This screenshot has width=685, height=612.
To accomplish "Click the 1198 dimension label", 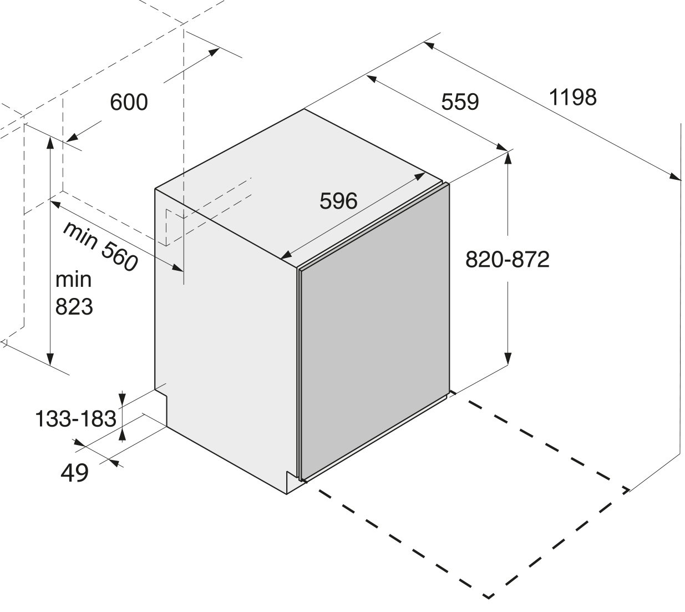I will pyautogui.click(x=573, y=97).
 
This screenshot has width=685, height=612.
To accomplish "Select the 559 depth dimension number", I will pyautogui.click(x=460, y=102).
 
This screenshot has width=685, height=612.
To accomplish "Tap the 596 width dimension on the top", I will pyautogui.click(x=338, y=201).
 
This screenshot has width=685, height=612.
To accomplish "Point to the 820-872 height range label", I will pyautogui.click(x=507, y=259).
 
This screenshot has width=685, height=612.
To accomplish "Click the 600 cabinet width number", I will pyautogui.click(x=129, y=102).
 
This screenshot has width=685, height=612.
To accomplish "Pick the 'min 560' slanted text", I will pyautogui.click(x=99, y=246).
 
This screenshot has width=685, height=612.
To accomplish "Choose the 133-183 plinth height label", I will pyautogui.click(x=75, y=418).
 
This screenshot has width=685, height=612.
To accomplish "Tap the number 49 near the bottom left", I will pyautogui.click(x=74, y=473).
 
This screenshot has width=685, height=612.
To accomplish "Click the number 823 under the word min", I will pyautogui.click(x=74, y=306).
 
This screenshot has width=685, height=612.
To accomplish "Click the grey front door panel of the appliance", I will pyautogui.click(x=373, y=327).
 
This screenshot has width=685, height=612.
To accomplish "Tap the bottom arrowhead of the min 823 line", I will pyautogui.click(x=50, y=360).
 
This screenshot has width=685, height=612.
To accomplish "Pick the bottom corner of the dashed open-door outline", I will pyautogui.click(x=489, y=597).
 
